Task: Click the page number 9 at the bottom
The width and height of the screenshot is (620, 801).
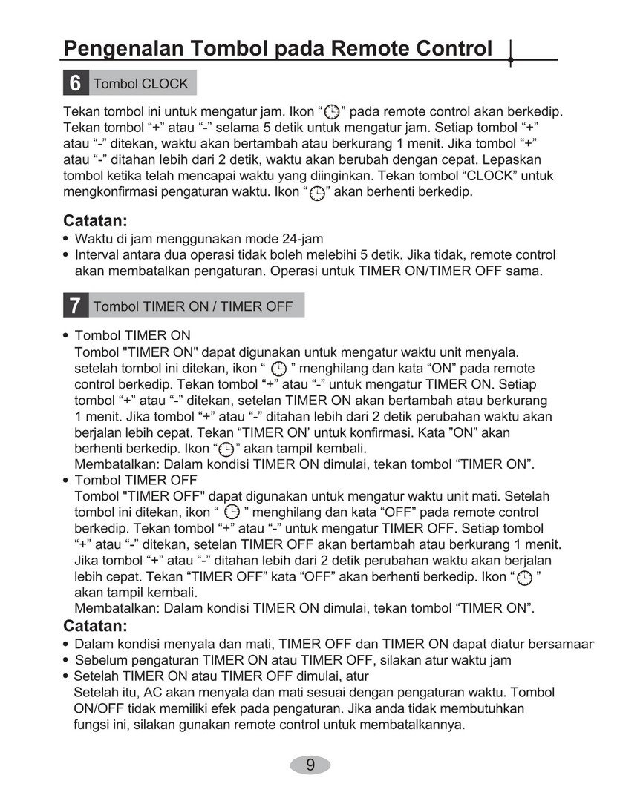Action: [310, 765]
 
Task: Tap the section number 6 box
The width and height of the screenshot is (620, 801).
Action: [75, 83]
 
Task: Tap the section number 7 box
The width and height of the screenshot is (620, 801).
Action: [75, 306]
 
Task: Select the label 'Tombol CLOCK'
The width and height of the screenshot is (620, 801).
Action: [140, 84]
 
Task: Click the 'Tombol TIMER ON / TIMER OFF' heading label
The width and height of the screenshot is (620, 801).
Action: [193, 306]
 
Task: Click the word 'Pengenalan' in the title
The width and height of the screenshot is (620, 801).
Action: [123, 49]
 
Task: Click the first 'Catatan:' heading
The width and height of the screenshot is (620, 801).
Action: [96, 221]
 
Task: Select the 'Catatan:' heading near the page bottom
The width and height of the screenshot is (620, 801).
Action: [96, 625]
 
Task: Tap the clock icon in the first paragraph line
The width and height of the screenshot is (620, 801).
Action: [333, 113]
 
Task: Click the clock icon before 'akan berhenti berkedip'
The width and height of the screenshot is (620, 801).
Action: [317, 192]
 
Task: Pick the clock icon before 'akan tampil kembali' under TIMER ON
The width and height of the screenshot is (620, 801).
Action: [225, 449]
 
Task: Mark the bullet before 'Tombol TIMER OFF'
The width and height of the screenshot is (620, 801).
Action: [67, 481]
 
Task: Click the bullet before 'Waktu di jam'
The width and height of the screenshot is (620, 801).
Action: [67, 239]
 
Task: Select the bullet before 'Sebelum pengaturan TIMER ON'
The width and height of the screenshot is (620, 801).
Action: [67, 660]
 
